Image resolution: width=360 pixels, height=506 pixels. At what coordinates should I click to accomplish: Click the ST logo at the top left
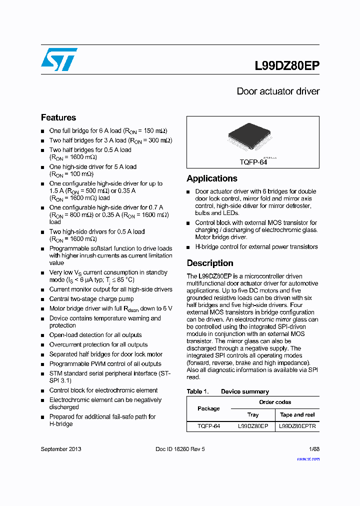(x=59, y=59)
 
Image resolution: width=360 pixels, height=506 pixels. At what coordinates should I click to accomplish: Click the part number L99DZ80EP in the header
(x=287, y=66)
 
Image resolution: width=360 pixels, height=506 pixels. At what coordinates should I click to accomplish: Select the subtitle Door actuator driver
(x=277, y=91)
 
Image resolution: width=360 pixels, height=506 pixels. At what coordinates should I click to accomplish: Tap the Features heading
(x=58, y=117)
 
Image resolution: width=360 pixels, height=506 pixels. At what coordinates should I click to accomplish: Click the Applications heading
(x=212, y=178)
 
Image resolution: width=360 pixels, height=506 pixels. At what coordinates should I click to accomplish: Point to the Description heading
(x=210, y=263)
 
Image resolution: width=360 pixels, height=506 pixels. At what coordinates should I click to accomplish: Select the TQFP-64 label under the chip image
(x=253, y=162)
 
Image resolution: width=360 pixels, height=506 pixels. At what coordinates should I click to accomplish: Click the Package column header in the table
(x=208, y=408)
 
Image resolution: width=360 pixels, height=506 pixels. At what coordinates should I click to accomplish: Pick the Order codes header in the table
(x=275, y=402)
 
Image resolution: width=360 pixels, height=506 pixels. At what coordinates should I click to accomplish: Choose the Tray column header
(x=253, y=414)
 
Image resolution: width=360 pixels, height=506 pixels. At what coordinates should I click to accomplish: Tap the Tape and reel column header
(x=297, y=414)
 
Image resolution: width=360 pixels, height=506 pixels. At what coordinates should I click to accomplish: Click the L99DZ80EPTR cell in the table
(x=297, y=426)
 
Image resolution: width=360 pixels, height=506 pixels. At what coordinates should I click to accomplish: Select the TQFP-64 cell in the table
(x=208, y=426)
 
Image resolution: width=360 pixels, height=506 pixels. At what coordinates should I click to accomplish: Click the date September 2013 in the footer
(x=61, y=449)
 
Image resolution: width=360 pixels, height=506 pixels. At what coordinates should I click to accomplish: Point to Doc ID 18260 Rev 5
(x=180, y=449)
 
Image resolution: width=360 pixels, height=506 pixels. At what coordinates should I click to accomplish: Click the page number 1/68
(x=314, y=449)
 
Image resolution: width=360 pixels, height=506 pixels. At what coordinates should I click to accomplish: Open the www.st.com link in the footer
(x=309, y=457)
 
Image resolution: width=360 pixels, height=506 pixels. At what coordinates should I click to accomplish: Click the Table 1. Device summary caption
(x=227, y=391)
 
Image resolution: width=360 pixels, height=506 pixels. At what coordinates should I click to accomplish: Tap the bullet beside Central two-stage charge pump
(x=43, y=299)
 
